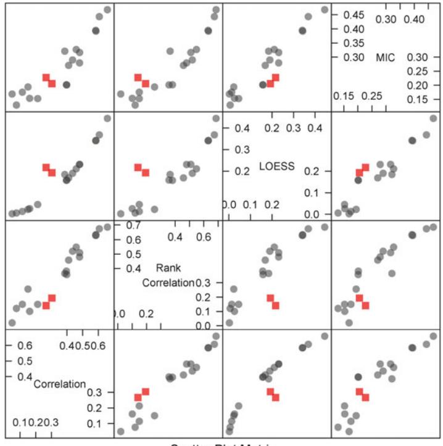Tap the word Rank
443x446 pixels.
[x=165, y=268]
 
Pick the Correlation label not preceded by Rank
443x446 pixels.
[x=60, y=384]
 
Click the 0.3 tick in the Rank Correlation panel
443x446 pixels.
[x=204, y=283]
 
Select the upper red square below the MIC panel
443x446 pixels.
[x=365, y=167]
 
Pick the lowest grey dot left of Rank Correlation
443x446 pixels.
[x=11, y=323]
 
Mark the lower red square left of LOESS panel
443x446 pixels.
[x=146, y=173]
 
